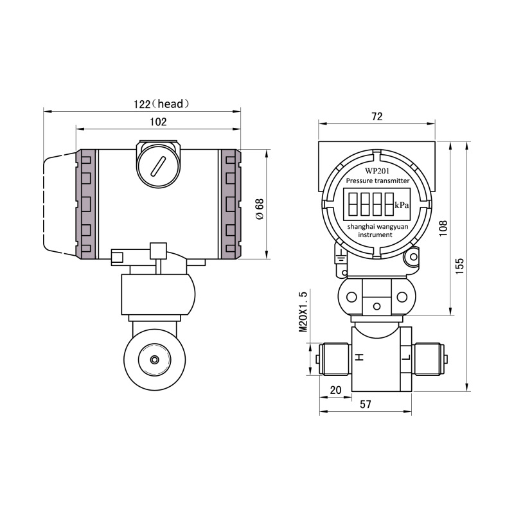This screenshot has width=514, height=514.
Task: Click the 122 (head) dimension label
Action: tap(161, 103)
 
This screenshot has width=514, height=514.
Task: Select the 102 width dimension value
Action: tap(158, 121)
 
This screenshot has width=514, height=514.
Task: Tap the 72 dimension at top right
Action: tap(377, 116)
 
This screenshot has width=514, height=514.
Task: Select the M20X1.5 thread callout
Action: tap(304, 312)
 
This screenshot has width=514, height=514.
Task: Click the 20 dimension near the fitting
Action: tap(335, 390)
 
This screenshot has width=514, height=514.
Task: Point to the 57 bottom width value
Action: tap(366, 404)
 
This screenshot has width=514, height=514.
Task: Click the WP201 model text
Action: tap(377, 171)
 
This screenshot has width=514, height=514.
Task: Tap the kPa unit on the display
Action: tap(402, 206)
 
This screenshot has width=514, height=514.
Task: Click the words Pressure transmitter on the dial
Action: tap(377, 181)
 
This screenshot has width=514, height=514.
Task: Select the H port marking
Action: tap(360, 357)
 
